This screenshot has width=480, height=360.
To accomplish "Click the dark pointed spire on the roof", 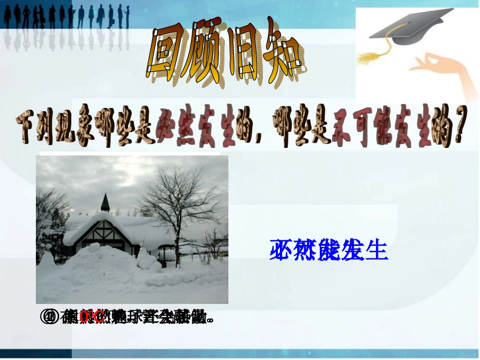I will tap(105, 202).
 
